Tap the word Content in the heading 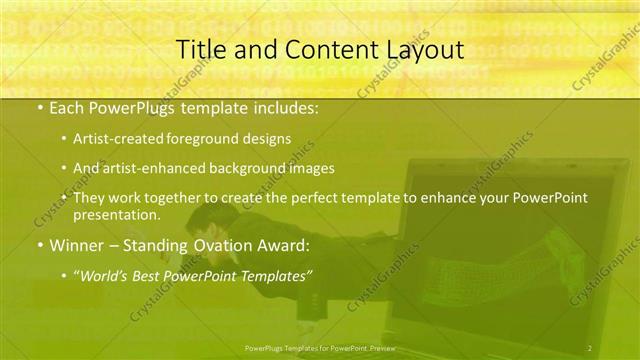[x=322, y=49]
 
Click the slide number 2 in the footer [x=589, y=347]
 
